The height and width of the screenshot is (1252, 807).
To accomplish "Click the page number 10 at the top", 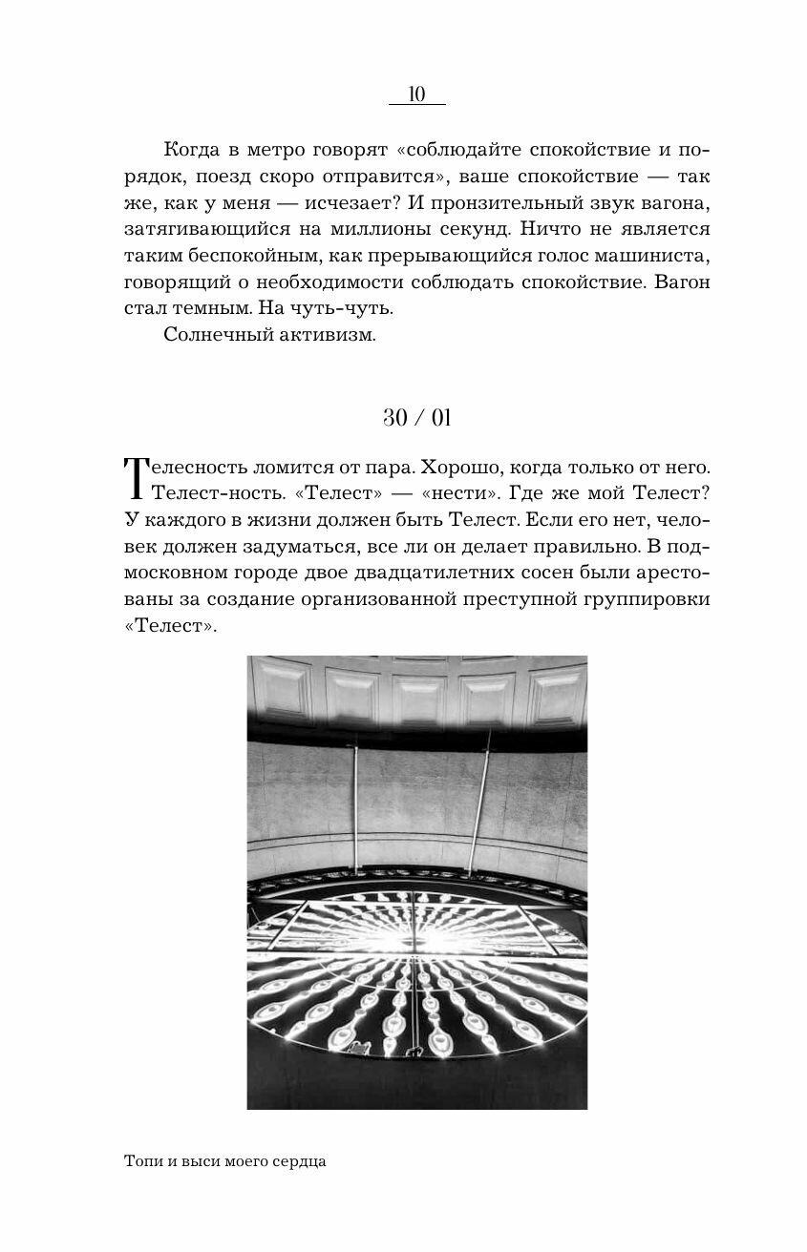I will point(416,94).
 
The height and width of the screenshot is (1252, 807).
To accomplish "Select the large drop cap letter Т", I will point(138,479).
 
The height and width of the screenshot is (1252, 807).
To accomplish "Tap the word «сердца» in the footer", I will point(301,1162).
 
